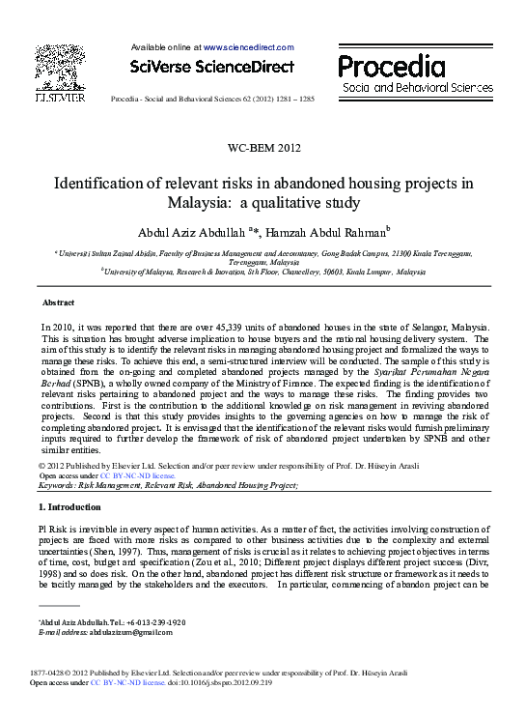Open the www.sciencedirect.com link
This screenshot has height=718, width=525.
point(248,46)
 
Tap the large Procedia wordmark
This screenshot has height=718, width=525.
point(392,66)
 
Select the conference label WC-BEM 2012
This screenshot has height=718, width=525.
point(262,148)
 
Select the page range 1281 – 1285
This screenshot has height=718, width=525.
point(294,100)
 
